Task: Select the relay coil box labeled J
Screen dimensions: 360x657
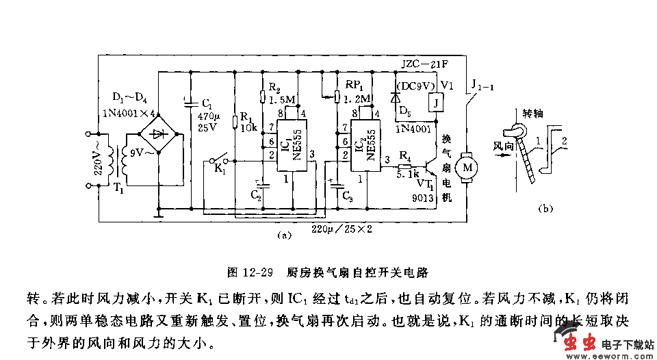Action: [x=433, y=103]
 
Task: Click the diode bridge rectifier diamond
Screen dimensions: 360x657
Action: [x=159, y=133]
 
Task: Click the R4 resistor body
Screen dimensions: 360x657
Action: [x=404, y=166]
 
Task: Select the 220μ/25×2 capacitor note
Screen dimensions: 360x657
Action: [x=342, y=229]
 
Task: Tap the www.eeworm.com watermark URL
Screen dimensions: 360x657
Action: [x=609, y=355]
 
